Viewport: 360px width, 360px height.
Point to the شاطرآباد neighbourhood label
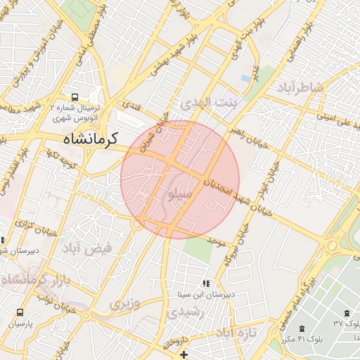tap(301, 87)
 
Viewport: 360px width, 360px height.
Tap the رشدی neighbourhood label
tap(186, 312)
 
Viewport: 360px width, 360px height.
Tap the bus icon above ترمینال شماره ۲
tap(75, 98)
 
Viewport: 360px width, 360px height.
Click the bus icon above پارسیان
tap(20, 312)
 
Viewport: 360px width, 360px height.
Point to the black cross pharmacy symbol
tap(184, 354)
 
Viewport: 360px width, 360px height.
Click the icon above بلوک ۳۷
tap(346, 313)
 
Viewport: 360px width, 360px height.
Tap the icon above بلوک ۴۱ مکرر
tap(302, 328)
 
